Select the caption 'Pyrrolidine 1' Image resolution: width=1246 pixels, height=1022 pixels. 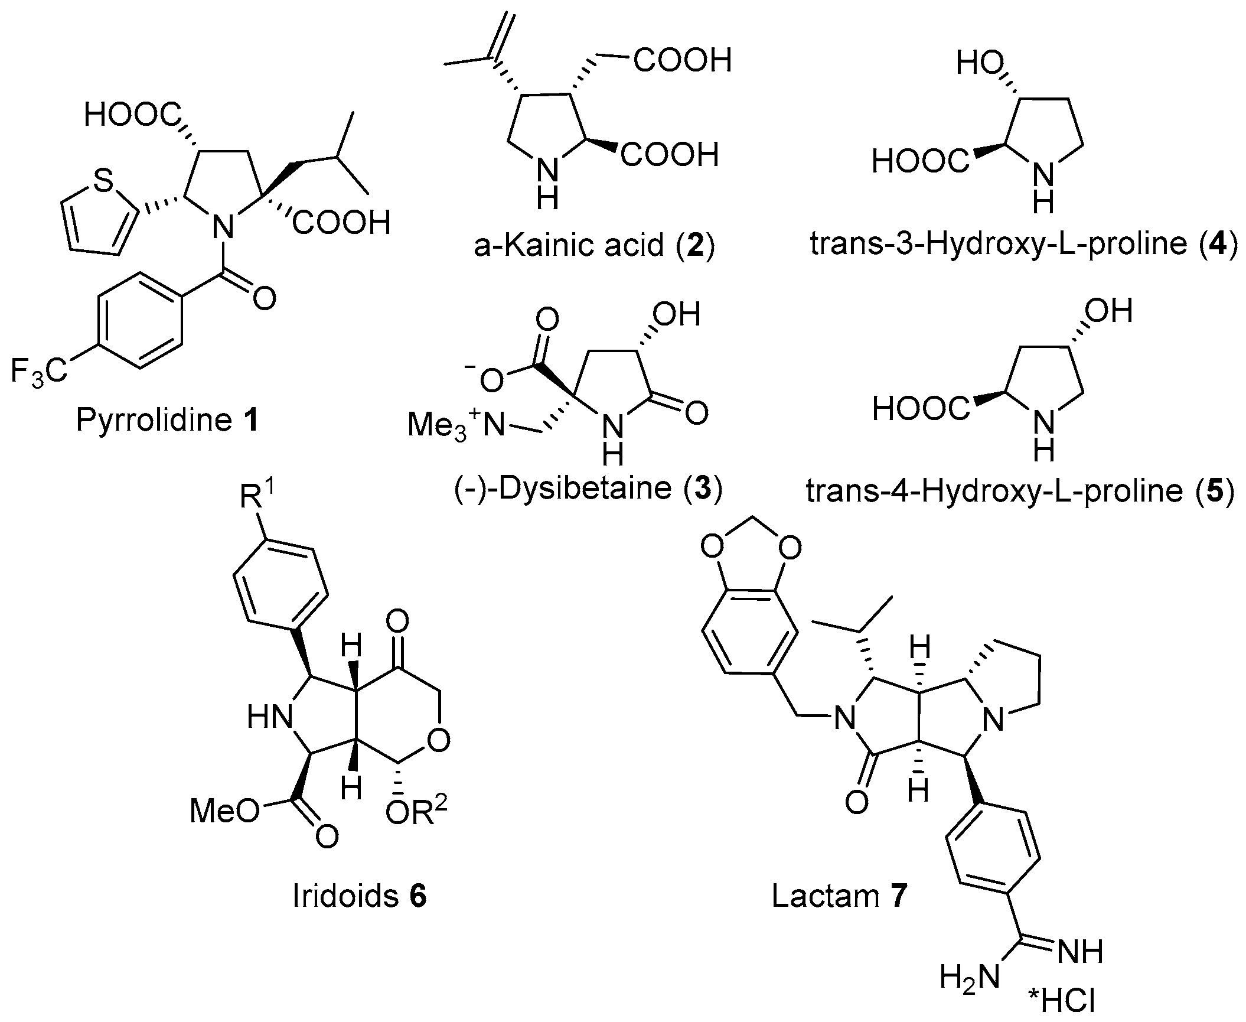pyautogui.click(x=168, y=421)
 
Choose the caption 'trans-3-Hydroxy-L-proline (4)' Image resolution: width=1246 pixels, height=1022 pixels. pyautogui.click(x=1023, y=246)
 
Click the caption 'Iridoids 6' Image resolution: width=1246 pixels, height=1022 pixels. pyautogui.click(x=360, y=897)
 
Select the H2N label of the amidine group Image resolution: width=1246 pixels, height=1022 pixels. pyautogui.click(x=969, y=977)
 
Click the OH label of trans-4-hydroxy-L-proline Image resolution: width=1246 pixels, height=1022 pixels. pyautogui.click(x=1107, y=310)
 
